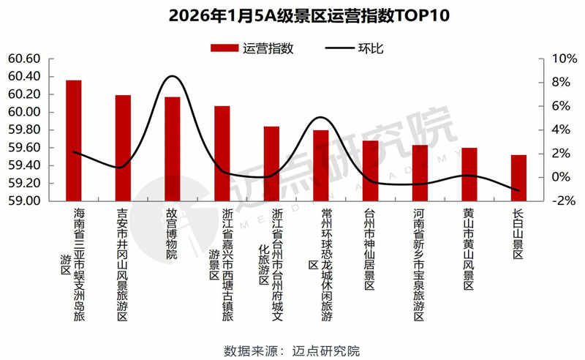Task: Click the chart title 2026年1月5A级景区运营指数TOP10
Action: (292, 15)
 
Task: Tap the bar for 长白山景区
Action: (518, 178)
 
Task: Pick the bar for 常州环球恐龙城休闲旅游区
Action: (320, 165)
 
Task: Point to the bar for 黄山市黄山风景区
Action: (469, 174)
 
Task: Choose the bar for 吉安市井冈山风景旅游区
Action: (123, 148)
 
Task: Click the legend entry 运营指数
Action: (252, 48)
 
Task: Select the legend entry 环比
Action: (352, 48)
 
